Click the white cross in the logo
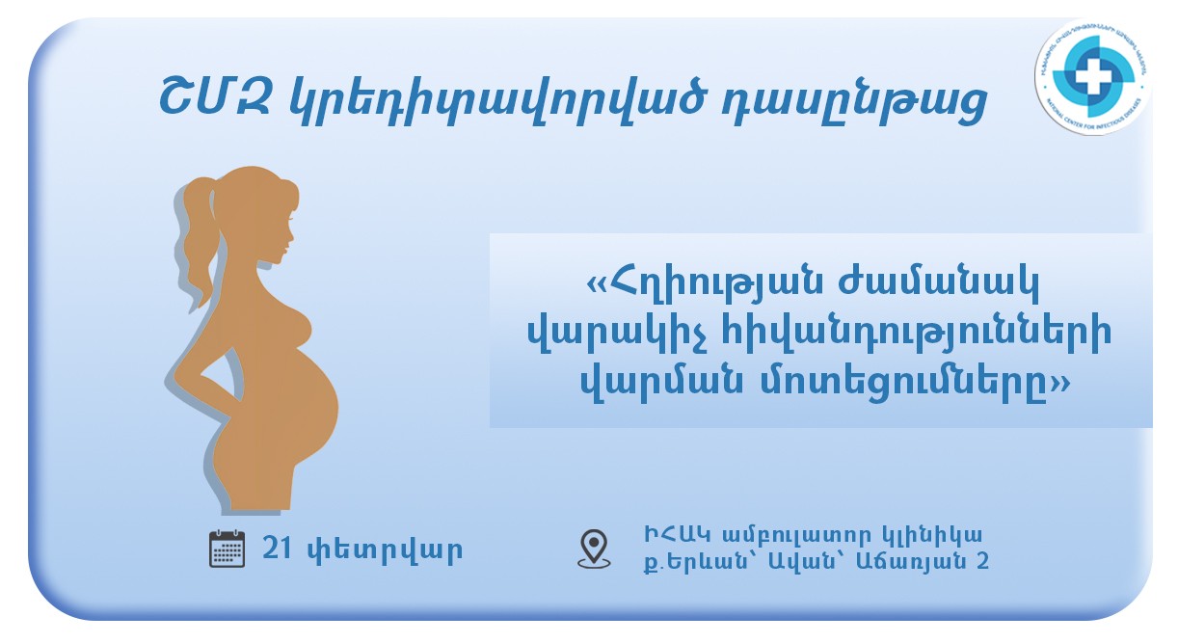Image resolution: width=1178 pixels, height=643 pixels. pyautogui.click(x=1091, y=76)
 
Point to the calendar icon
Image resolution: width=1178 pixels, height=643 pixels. pyautogui.click(x=228, y=549)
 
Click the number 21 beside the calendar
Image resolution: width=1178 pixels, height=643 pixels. pyautogui.click(x=277, y=549)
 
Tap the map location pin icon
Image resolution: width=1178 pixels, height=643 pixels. pyautogui.click(x=594, y=548)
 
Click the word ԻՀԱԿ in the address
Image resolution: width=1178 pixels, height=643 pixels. pyautogui.click(x=672, y=534)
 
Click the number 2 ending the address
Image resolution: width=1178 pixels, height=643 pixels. pyautogui.click(x=982, y=560)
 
